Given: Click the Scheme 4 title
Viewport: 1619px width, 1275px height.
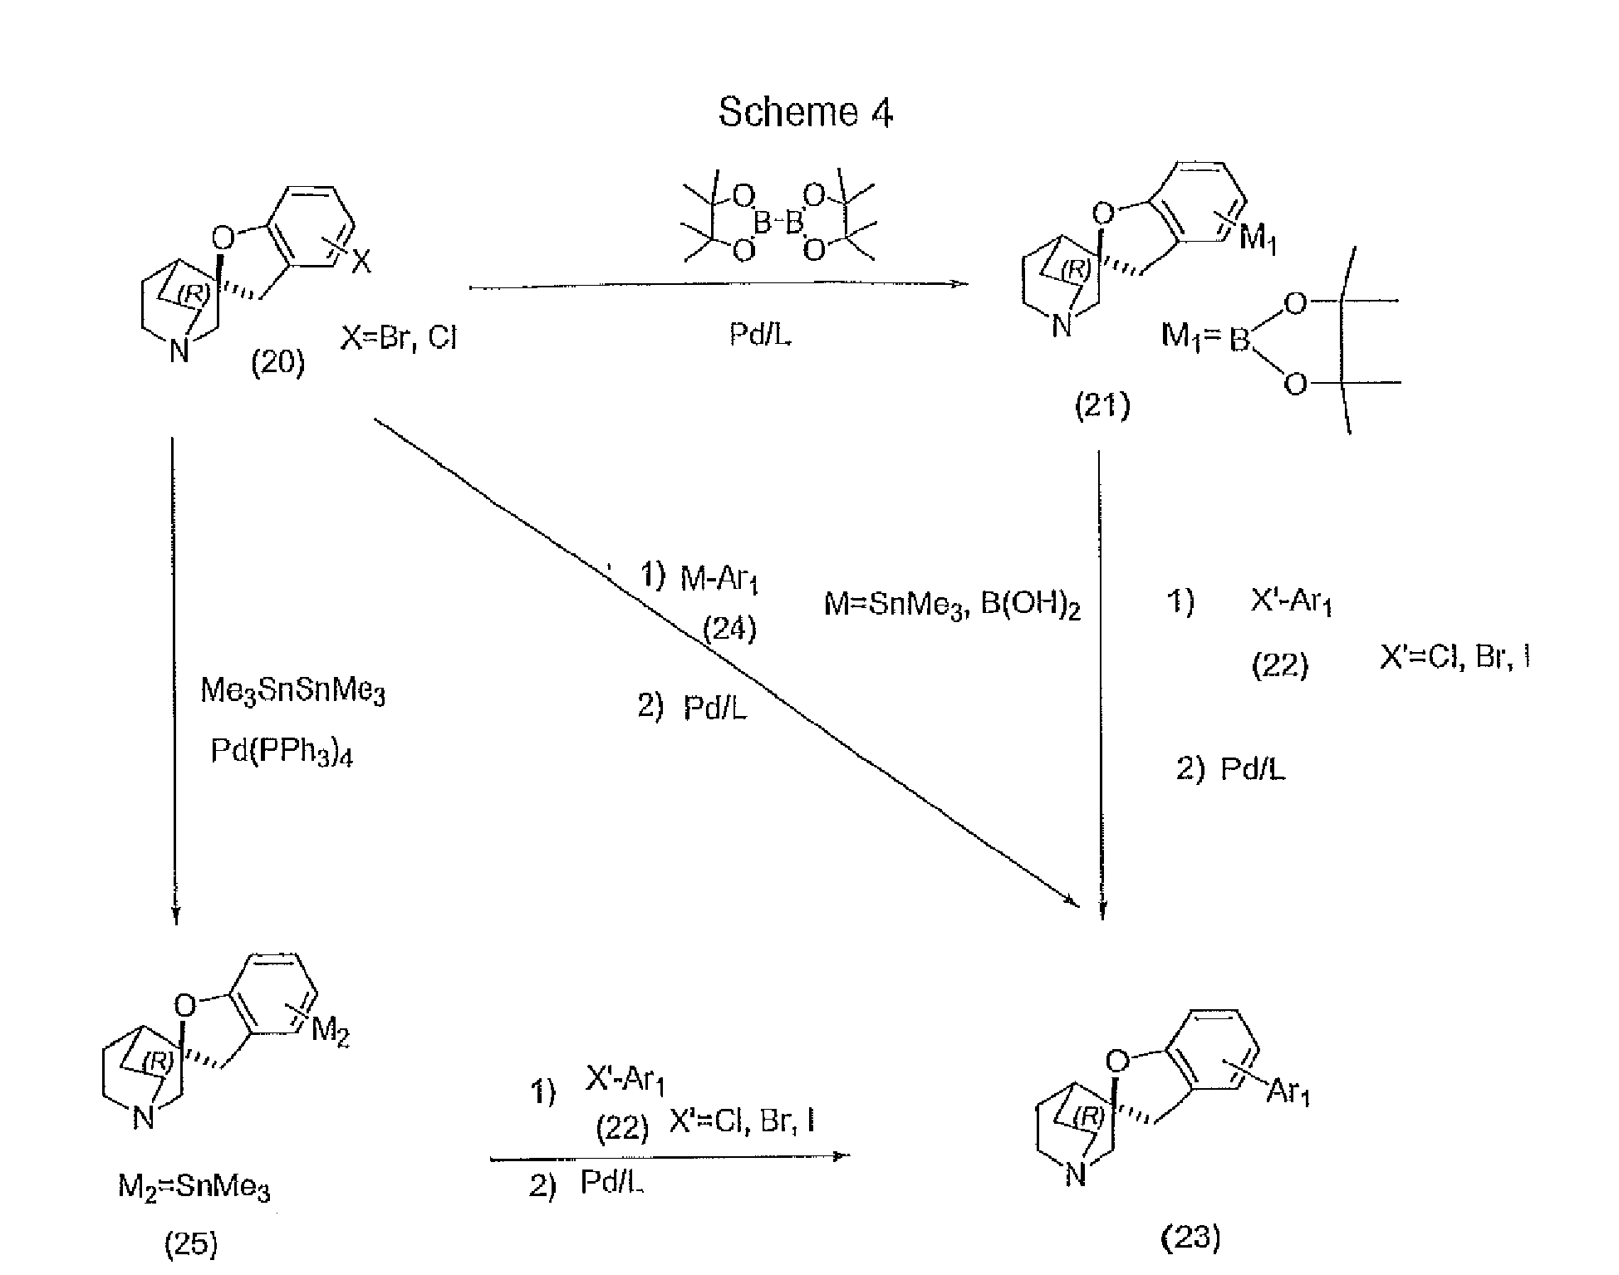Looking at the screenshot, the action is pyautogui.click(x=805, y=112).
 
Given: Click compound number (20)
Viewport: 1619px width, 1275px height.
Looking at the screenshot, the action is pyautogui.click(x=278, y=363).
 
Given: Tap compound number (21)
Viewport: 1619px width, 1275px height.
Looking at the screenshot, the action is pyautogui.click(x=1102, y=407).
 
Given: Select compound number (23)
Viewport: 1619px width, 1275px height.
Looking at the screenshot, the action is pyautogui.click(x=1190, y=1238).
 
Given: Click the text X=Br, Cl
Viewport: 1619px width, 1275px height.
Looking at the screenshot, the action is pyautogui.click(x=399, y=338).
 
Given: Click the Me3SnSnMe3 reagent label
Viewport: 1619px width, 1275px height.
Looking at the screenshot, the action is pyautogui.click(x=292, y=691).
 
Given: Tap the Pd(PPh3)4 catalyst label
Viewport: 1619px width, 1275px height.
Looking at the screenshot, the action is pyautogui.click(x=282, y=752).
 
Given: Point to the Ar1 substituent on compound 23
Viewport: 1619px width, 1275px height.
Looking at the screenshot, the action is pyautogui.click(x=1288, y=1092).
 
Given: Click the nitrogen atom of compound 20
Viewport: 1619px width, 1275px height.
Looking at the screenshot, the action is pyautogui.click(x=179, y=351).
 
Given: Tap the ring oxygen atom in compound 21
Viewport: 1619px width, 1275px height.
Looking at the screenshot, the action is pyautogui.click(x=1102, y=214).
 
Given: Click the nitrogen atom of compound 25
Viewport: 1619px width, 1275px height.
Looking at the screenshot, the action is pyautogui.click(x=144, y=1119).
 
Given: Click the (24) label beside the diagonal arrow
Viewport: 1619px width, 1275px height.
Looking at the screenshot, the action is pyautogui.click(x=729, y=629).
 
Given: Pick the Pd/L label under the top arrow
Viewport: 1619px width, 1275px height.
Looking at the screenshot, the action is pyautogui.click(x=759, y=334).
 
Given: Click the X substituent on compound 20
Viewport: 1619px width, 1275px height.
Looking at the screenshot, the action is pyautogui.click(x=362, y=263).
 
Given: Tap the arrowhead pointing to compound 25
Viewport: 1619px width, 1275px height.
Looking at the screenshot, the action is pyautogui.click(x=175, y=915).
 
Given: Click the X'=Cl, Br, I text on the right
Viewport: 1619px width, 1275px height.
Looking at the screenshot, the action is pyautogui.click(x=1455, y=657).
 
